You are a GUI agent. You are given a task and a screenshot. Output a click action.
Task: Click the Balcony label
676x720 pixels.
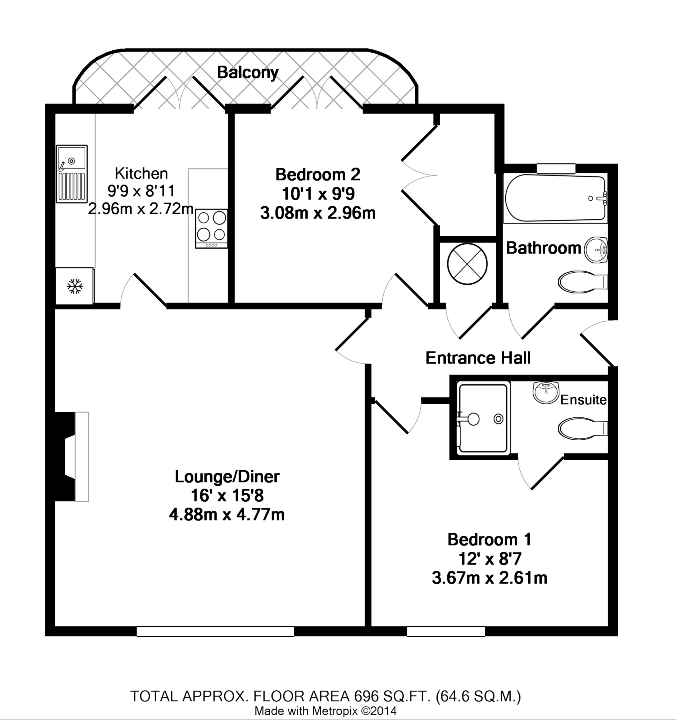pos(248,73)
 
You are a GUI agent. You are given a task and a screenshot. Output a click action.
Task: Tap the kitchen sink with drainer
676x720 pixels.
pos(72,174)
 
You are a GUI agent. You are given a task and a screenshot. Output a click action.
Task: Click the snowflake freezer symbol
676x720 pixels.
pos(75,286)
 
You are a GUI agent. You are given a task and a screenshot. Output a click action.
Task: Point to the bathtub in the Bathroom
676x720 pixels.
pos(555,199)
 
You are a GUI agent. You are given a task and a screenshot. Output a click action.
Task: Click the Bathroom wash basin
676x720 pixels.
pos(596,249)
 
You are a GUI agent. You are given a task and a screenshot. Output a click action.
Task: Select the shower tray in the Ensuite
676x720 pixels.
pos(483,418)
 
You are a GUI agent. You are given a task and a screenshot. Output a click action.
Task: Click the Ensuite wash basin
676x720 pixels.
pos(546,392)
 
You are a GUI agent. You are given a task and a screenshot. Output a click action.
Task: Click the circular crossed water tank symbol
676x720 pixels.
pos(467,264)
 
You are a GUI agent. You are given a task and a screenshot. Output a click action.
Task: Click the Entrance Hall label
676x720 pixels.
pos(478,358)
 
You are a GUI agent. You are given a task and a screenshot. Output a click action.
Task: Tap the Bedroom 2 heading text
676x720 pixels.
pos(318,175)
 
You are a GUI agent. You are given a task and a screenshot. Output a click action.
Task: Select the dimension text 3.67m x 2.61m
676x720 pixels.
pos(489,578)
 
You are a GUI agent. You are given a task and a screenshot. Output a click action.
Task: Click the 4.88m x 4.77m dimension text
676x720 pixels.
pos(227,515)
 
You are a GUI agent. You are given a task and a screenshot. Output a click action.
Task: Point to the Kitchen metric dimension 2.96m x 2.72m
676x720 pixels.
pos(141,209)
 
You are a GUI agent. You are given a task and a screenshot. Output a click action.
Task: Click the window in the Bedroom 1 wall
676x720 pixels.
pos(446,631)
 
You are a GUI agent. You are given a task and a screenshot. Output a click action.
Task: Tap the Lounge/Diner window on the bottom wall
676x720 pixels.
pos(215,631)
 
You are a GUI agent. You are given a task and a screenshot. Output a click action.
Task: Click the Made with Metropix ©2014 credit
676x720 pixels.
pos(325,711)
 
